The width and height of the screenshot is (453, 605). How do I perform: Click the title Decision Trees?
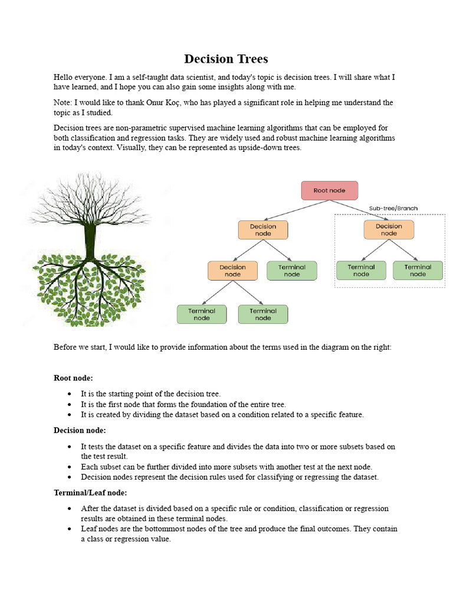226,59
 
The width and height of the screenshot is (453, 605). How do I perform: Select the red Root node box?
329,190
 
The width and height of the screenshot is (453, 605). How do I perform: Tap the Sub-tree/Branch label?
392,209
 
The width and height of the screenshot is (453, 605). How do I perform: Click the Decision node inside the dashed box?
389,230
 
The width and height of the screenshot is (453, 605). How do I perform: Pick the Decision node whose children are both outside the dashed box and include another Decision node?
263,230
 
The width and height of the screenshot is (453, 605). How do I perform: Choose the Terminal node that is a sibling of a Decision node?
292,271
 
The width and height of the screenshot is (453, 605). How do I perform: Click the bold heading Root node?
73,378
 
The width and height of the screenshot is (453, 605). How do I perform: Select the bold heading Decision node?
80,431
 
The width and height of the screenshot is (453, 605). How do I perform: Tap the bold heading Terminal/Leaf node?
90,492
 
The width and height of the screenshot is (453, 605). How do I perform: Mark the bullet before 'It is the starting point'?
70,393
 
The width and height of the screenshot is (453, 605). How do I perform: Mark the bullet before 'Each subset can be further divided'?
70,467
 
